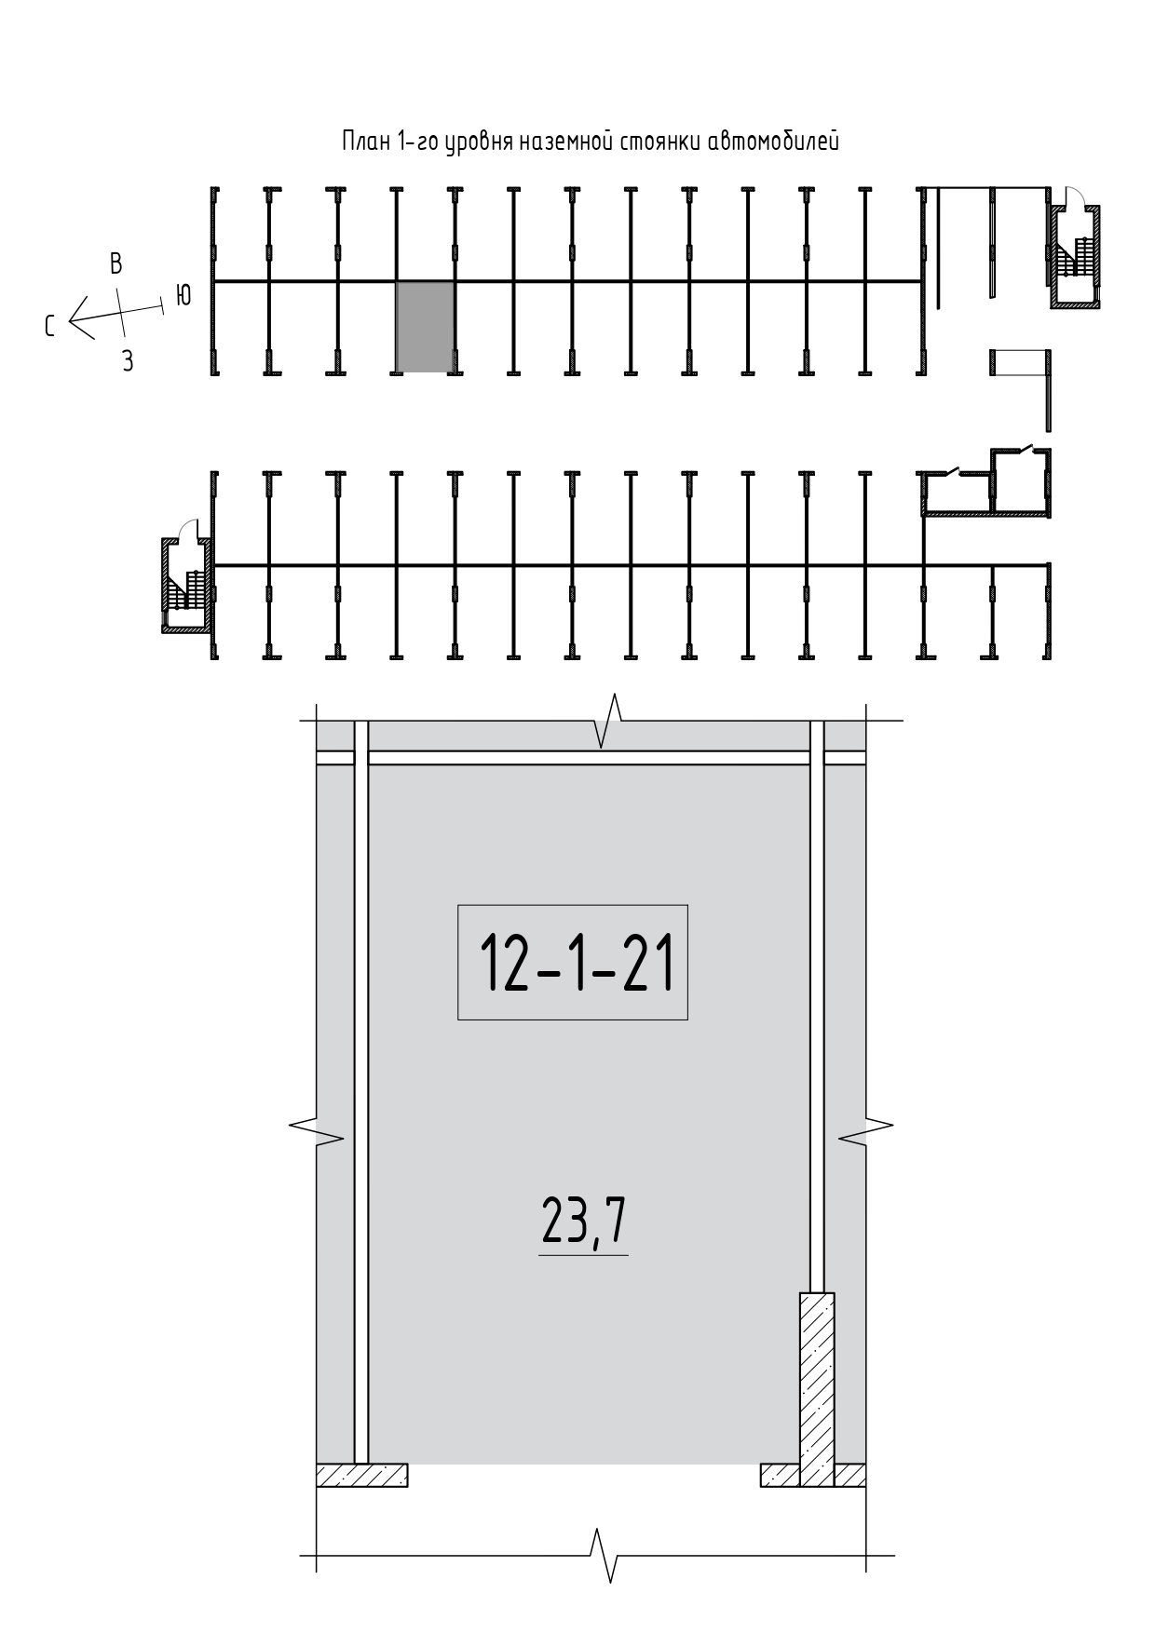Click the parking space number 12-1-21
pos(577,962)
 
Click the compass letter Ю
pos(183,295)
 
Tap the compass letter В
pos(116,263)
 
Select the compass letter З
pos(128,361)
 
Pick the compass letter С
pos(50,326)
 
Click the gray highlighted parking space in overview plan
pos(426,327)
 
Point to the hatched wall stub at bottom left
pos(362,1475)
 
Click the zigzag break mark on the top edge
pos(607,721)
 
